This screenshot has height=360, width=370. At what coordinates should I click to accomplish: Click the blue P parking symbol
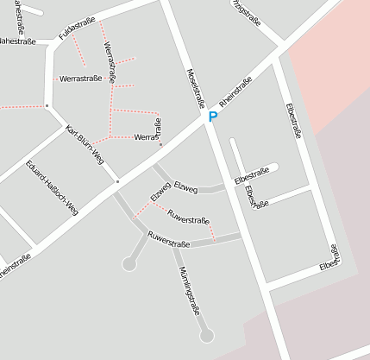[x=212, y=117]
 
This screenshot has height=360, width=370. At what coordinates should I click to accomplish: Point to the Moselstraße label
[x=195, y=87]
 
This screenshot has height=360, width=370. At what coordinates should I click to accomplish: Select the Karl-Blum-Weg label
[x=85, y=144]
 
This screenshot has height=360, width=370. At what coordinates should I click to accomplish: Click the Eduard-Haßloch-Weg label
[x=53, y=186]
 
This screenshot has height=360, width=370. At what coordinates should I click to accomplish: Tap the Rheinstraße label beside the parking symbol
[x=235, y=92]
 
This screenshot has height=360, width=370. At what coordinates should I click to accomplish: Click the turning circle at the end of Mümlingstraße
[x=206, y=335]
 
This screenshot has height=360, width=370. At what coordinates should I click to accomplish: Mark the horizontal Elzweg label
[x=185, y=187]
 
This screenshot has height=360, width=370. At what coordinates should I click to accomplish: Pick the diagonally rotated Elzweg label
[x=160, y=193]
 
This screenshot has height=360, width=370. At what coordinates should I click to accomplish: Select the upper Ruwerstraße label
[x=189, y=216]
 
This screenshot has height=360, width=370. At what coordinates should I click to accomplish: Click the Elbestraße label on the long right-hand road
[x=293, y=121]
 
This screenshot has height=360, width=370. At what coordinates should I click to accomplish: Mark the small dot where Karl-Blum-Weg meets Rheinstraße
[x=117, y=182]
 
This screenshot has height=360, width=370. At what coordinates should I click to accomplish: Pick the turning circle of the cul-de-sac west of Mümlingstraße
[x=129, y=264]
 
